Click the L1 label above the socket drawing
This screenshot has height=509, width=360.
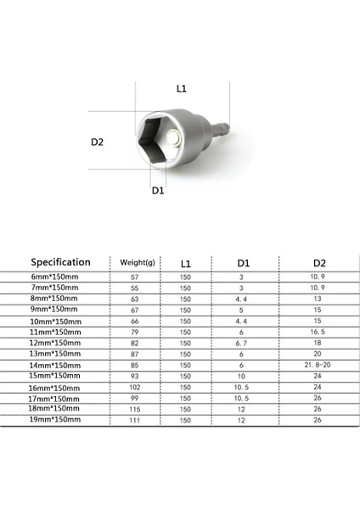click(x=181, y=87)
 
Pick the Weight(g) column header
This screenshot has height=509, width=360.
click(x=137, y=263)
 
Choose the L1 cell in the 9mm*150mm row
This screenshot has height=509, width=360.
click(x=185, y=310)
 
